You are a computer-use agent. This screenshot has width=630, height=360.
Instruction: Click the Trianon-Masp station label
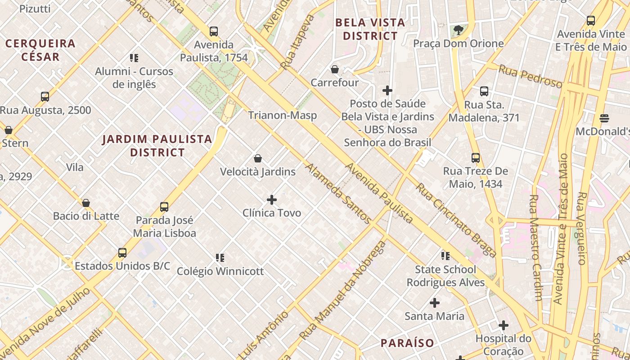(283, 115)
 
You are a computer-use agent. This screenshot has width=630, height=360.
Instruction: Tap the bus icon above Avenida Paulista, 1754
(214, 31)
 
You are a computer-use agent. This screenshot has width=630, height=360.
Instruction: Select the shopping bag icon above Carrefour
(334, 69)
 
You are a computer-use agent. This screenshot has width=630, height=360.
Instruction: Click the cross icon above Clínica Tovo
(272, 199)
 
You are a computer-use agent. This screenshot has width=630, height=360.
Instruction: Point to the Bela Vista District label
(370, 29)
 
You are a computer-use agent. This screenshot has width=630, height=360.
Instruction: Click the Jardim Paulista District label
(157, 145)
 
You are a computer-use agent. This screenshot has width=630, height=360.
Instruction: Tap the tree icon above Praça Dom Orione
(459, 30)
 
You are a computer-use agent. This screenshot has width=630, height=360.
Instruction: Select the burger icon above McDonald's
(604, 118)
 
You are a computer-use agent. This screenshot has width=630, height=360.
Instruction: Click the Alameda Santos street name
(338, 193)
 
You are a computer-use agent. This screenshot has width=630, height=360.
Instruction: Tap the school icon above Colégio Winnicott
(220, 258)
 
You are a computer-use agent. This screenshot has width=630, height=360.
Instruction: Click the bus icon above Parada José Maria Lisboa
(164, 207)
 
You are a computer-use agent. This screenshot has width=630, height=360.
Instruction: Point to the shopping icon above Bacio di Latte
(86, 203)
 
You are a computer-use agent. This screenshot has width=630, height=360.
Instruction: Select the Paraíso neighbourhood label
(407, 343)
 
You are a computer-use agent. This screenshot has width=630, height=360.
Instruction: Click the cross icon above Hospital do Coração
(504, 325)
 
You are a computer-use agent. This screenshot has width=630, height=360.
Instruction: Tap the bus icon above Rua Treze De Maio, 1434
(476, 158)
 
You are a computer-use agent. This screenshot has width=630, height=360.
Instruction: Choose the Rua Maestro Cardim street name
(535, 247)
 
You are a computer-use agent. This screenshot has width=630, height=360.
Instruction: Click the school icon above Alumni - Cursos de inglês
(134, 58)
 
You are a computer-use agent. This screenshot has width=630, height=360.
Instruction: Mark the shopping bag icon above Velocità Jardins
(258, 158)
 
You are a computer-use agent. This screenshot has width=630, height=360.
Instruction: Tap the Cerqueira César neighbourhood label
(40, 50)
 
